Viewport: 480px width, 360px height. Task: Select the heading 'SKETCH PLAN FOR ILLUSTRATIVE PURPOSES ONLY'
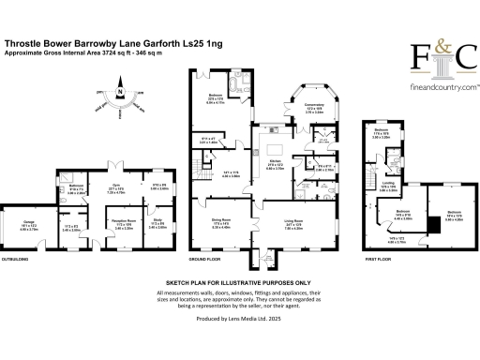click(238, 281)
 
